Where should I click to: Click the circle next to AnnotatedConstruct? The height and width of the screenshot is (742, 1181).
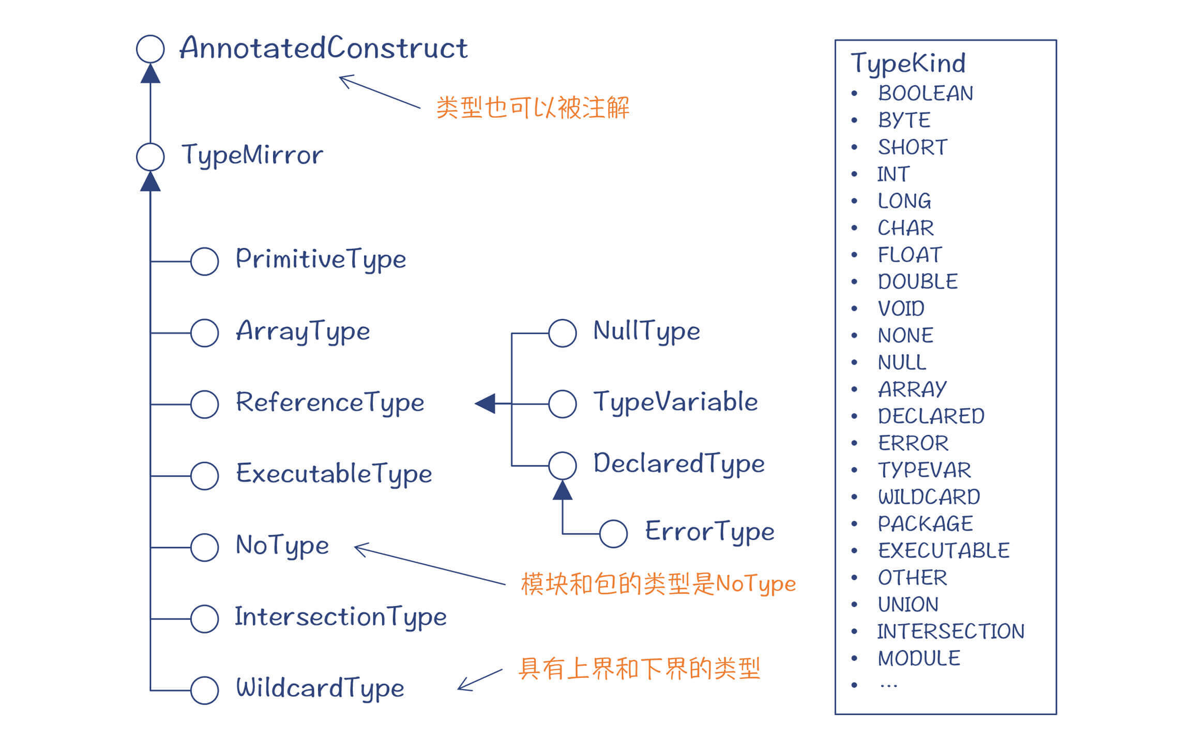point(150,49)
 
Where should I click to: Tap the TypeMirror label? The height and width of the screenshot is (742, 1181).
point(252,155)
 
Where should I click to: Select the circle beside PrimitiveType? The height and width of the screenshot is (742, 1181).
point(205,261)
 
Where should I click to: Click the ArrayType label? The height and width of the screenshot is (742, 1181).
point(303,331)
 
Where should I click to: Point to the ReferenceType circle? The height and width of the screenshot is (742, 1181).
point(205,404)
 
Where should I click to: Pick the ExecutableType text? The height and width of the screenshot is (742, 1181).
point(334,474)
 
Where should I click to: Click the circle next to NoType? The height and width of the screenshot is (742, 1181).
point(205,547)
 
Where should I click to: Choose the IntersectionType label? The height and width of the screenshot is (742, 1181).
point(341,617)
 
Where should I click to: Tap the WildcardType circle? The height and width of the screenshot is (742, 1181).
point(205,690)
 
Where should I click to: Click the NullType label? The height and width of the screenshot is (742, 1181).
point(647,331)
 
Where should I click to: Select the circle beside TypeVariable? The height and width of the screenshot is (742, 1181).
point(563,404)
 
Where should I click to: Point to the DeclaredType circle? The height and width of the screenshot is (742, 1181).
point(563,465)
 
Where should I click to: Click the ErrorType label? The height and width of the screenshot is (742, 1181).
point(710,532)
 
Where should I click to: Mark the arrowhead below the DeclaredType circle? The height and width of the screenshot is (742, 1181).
point(563,491)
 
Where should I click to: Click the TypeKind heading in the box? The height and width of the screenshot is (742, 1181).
point(908,64)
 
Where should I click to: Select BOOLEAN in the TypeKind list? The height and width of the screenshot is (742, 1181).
point(926,94)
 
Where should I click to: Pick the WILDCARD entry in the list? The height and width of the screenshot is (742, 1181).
point(929,497)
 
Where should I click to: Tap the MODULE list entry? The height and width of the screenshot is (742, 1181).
point(919,658)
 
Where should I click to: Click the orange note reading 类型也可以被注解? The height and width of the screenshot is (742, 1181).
point(533,108)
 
